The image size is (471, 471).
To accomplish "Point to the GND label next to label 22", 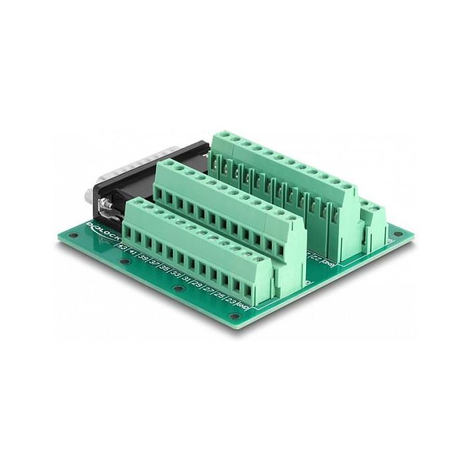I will coord(328,261).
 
